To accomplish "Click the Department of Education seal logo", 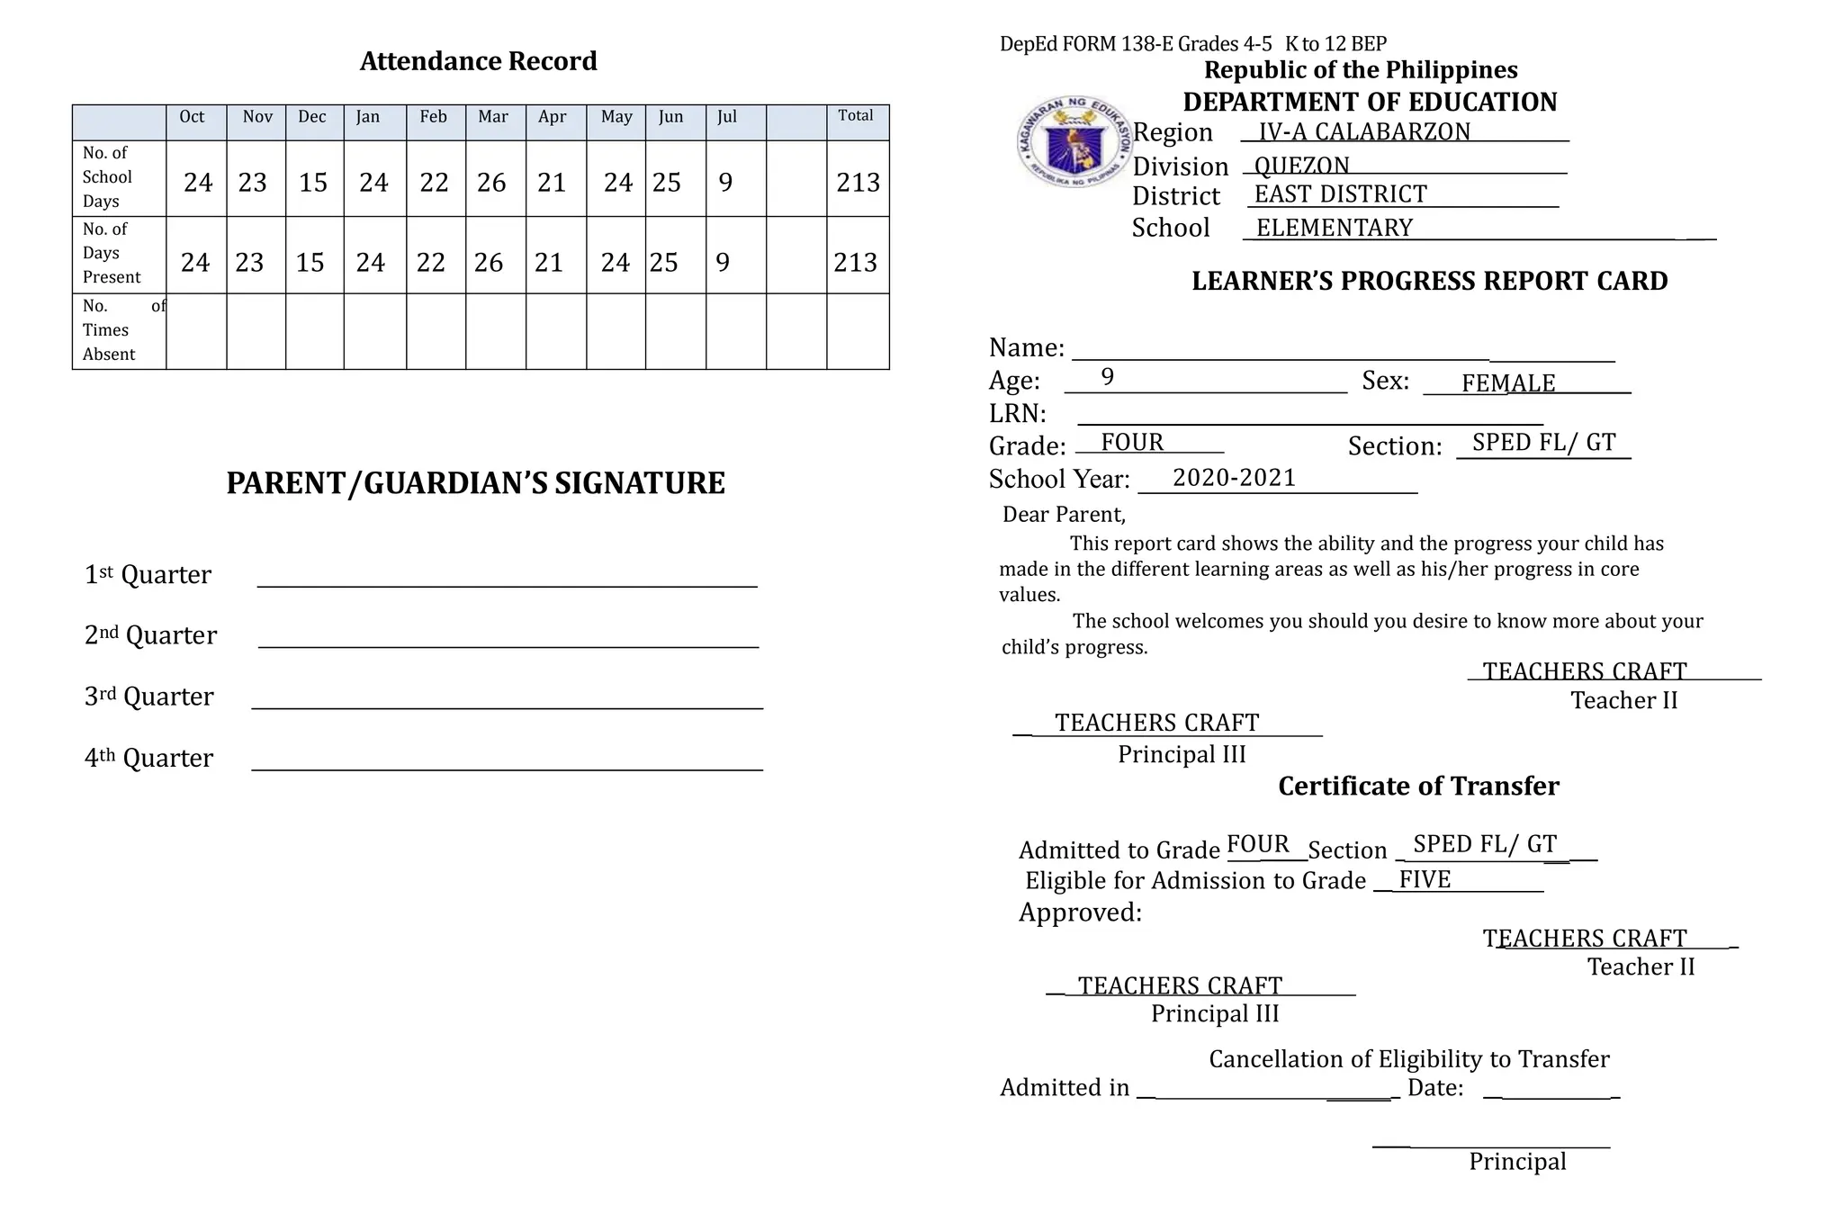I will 1073,143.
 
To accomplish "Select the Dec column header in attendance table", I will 312,117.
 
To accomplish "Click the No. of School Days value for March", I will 491,183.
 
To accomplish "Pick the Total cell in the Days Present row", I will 855,263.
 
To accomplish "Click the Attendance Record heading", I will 478,61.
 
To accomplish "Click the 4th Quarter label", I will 148,758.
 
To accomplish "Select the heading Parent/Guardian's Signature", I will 475,483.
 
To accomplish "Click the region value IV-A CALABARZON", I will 1363,132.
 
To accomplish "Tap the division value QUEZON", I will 1301,166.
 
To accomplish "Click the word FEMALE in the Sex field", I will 1507,383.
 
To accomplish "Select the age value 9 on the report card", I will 1108,377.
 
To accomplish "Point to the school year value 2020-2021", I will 1234,478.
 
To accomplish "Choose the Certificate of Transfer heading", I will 1418,787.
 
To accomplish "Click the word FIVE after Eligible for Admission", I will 1425,879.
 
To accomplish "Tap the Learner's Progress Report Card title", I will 1429,281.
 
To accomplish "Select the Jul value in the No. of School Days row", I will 725,183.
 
